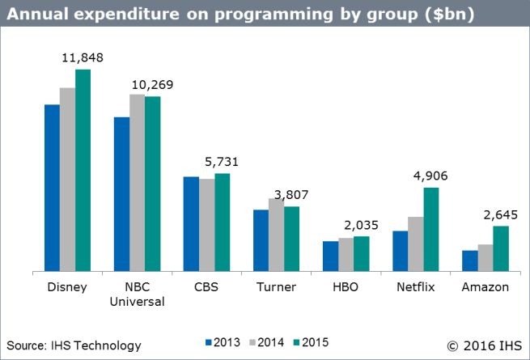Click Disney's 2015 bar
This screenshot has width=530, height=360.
click(83, 171)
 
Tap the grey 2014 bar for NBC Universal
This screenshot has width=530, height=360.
click(137, 183)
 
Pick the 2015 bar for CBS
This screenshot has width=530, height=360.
click(222, 222)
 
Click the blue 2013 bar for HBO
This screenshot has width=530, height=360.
click(330, 256)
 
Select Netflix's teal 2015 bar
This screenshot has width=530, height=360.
click(431, 229)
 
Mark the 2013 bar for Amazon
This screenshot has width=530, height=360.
click(469, 260)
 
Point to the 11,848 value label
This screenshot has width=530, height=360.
click(83, 57)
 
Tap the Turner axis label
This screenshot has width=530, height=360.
click(276, 287)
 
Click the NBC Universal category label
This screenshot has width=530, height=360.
click(137, 294)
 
